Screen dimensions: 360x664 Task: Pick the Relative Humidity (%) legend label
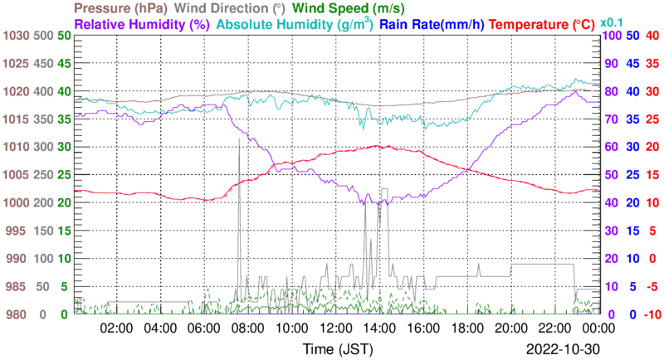point(142,25)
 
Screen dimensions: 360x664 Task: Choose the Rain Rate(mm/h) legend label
point(431,25)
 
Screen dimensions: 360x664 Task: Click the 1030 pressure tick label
point(16,36)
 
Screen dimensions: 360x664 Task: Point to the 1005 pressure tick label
point(16,175)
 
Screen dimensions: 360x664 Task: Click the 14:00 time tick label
point(378,328)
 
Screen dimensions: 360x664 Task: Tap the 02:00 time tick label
point(117,328)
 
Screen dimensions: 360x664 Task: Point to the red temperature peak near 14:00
point(378,146)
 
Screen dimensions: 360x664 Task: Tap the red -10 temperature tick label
point(652,314)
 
